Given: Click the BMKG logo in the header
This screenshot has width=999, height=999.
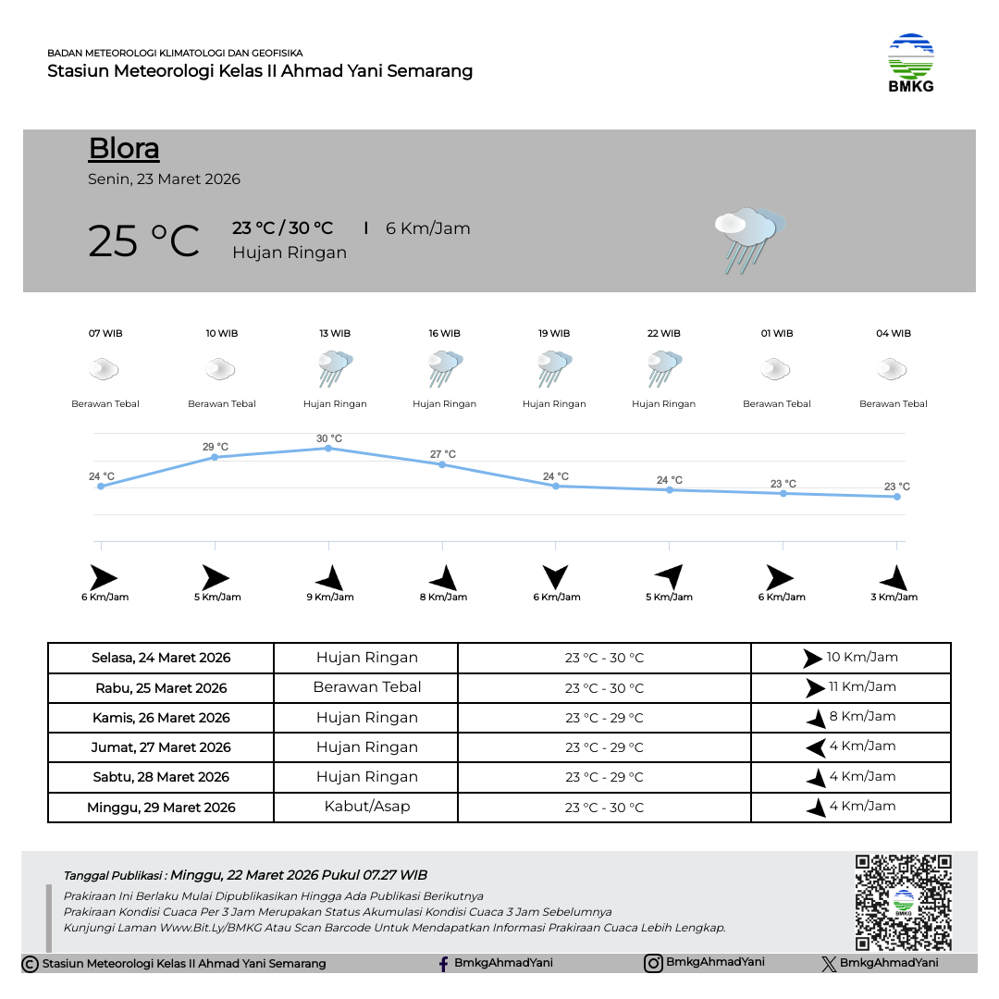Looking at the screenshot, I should click(x=911, y=63).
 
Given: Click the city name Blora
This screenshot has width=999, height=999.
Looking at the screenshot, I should click(x=124, y=149).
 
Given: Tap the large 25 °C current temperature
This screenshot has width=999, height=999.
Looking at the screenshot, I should click(x=143, y=241).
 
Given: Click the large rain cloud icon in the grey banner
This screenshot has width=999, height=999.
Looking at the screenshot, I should click(x=748, y=240).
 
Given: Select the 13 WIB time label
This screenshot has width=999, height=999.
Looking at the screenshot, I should click(x=335, y=334).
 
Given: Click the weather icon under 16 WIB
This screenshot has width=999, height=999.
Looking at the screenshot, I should click(x=445, y=369).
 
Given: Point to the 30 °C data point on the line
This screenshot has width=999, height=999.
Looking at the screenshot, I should click(x=328, y=449).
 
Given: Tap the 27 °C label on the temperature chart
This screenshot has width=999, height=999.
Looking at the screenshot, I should click(x=443, y=454).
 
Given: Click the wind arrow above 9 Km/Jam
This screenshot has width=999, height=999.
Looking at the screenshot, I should click(x=330, y=578).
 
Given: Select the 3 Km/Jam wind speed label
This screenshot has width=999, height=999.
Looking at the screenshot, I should click(x=894, y=598).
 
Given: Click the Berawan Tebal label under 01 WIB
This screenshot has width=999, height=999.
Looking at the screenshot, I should click(x=777, y=404).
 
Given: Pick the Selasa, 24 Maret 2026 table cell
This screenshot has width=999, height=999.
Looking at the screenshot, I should click(x=161, y=659).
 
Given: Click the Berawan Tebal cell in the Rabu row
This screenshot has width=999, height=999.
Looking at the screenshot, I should click(x=366, y=687).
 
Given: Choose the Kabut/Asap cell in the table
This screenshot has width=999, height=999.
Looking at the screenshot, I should click(x=366, y=807).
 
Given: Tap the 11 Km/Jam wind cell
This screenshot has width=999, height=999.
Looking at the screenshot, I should click(x=851, y=687).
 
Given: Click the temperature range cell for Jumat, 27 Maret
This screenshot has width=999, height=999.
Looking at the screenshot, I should click(x=604, y=747).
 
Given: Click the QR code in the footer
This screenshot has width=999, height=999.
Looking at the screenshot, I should click(x=903, y=902).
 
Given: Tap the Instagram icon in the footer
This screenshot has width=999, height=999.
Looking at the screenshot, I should click(x=653, y=963).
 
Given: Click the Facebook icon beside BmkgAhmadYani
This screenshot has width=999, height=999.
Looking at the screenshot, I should click(x=445, y=964).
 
